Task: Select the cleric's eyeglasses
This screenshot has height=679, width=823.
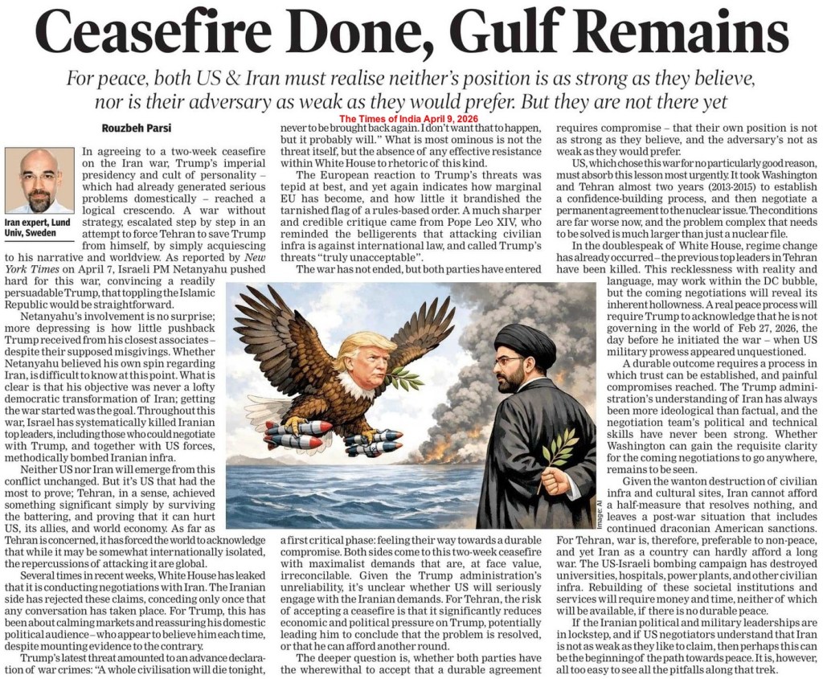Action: [508, 362]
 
